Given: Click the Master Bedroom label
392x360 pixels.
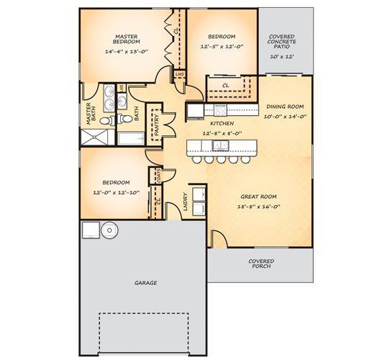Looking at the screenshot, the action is tap(127, 40).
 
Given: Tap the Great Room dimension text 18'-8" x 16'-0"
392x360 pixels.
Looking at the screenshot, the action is tap(258, 207).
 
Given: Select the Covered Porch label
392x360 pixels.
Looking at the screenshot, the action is tap(261, 264).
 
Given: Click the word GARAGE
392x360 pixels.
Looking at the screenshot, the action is tap(146, 283).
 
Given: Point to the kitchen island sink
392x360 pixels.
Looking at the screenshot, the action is tap(221, 145).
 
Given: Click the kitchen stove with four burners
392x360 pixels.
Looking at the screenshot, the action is tap(220, 110).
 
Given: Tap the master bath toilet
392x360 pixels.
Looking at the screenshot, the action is tap(106, 121).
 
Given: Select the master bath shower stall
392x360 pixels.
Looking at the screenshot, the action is tap(94, 137).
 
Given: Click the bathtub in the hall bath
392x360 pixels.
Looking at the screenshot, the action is tap(131, 139).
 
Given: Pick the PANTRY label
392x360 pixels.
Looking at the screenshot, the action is tap(157, 125).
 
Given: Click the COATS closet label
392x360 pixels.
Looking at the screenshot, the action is tap(158, 176).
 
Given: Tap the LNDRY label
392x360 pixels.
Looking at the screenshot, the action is tap(186, 202).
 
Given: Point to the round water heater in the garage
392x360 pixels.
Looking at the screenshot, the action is tap(109, 230).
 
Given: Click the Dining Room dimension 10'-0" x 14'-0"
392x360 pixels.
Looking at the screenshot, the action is tap(286, 117).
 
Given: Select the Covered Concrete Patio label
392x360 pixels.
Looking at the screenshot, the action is tap(281, 42).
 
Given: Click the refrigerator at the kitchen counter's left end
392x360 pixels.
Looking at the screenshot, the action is tap(196, 111).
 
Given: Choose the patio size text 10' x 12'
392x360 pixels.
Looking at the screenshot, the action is tap(282, 57).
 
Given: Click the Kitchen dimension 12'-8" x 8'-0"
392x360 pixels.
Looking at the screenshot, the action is tap(222, 133).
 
